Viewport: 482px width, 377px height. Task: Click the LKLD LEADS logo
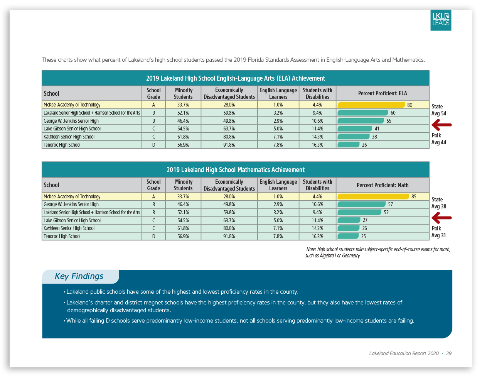(x=441, y=20)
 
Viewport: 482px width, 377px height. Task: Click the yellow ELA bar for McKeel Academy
(x=371, y=105)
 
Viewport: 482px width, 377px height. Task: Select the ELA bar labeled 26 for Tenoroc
(x=349, y=145)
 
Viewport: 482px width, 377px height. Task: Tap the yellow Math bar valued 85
(x=373, y=196)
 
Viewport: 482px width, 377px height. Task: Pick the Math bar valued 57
(x=361, y=205)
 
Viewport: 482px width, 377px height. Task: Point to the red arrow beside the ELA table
(x=442, y=125)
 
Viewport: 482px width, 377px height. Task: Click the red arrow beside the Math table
(x=442, y=218)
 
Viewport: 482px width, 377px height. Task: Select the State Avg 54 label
(x=438, y=110)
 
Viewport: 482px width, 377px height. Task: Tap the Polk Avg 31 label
(x=438, y=232)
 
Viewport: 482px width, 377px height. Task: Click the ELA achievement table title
(x=235, y=78)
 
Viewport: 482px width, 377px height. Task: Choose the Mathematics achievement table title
(x=235, y=170)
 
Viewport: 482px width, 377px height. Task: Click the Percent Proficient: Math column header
(x=382, y=185)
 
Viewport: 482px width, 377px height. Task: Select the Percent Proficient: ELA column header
(x=382, y=93)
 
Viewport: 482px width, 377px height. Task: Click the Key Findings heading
(x=79, y=276)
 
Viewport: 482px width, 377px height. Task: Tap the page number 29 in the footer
(x=449, y=353)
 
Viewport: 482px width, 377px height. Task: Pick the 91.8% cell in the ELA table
(x=229, y=145)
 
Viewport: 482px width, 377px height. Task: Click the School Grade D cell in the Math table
(x=153, y=237)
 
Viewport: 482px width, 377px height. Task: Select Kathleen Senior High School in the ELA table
(x=69, y=137)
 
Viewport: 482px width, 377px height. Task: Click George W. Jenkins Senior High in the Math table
(x=71, y=205)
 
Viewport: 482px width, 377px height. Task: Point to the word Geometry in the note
(x=351, y=256)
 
